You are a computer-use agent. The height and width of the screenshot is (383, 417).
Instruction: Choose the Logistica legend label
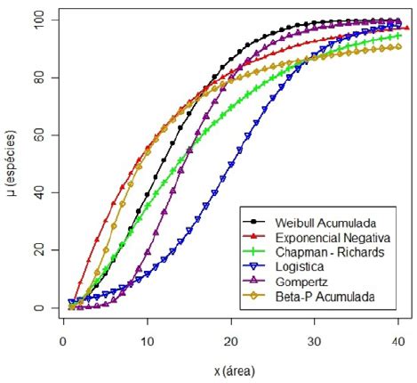point(299,265)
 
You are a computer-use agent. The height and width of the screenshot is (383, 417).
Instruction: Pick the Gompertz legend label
point(300,281)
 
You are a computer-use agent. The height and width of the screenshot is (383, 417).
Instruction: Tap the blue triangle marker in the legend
point(254,265)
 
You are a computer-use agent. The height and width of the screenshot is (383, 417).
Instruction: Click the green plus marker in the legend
point(254,251)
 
